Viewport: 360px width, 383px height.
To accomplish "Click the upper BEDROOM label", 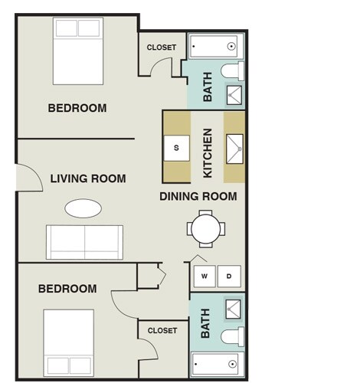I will click(77, 108).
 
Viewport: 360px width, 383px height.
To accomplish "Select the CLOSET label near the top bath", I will click(161, 47).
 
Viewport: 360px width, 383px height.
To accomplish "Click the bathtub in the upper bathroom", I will click(214, 47).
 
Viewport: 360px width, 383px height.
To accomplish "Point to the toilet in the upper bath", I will click(232, 72).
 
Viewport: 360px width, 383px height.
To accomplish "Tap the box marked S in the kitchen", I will click(176, 147).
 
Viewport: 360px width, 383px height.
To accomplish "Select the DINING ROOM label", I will click(198, 196).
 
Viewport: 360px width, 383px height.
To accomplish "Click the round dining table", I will click(207, 228).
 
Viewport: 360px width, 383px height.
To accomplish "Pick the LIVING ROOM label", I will click(88, 178).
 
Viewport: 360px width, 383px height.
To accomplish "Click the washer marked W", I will click(205, 276).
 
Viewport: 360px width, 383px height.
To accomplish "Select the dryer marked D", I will click(228, 276).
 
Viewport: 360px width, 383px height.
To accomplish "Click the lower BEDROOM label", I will click(67, 289).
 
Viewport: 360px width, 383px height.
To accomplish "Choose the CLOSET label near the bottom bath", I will click(162, 330).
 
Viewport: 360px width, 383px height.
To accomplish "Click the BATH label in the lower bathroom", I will click(205, 323).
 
